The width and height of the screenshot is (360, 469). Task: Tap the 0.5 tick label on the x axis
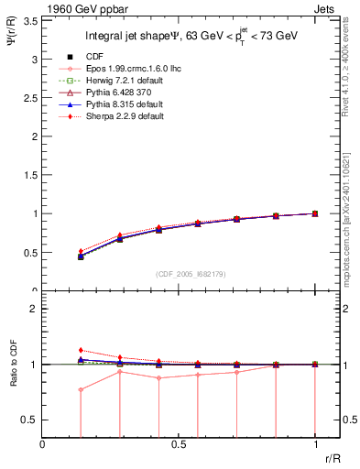tap(179, 443)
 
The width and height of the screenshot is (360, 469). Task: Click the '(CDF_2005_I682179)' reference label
tap(179, 274)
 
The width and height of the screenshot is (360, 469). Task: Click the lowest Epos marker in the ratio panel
tap(81, 389)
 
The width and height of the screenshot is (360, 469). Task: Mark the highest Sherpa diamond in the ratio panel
tap(81, 350)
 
